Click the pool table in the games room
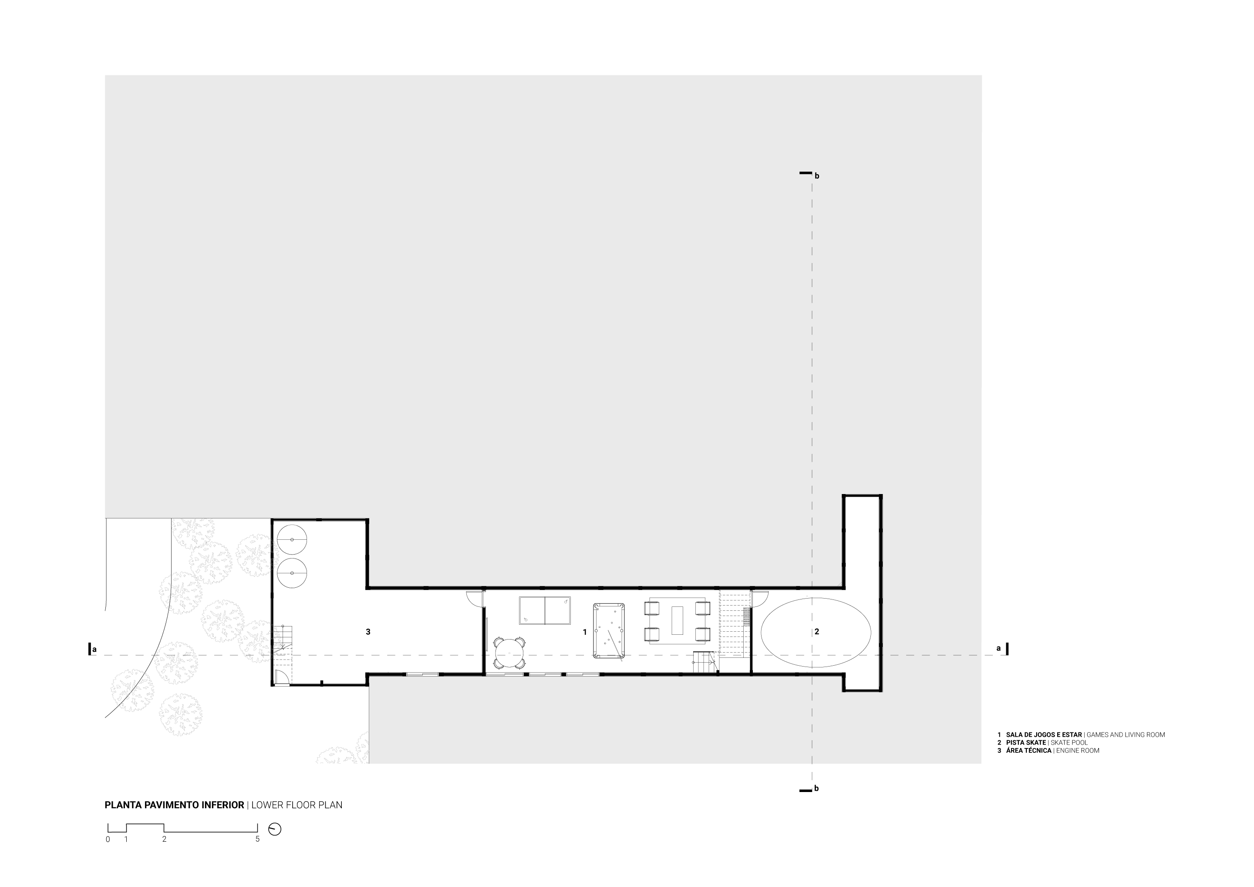(609, 631)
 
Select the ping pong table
(545, 610)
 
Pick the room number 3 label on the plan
(368, 632)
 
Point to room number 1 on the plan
(584, 632)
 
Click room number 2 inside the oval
(816, 632)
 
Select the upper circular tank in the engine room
(292, 539)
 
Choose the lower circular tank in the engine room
(292, 573)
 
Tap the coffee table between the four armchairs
(677, 620)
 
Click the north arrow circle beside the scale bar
(275, 829)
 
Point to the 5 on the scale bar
(258, 840)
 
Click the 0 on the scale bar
(108, 840)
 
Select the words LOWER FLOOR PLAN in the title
(297, 805)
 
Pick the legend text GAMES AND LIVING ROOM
(1126, 735)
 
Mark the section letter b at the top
(817, 176)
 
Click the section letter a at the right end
(998, 648)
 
